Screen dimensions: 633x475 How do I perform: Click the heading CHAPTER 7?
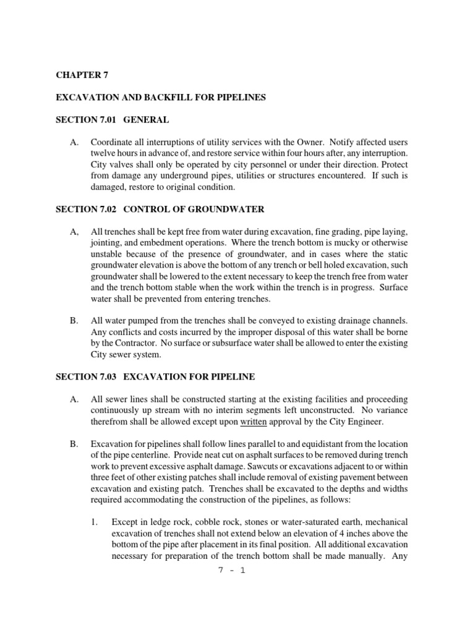pos(78,75)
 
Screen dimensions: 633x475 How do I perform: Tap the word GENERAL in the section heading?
pos(146,120)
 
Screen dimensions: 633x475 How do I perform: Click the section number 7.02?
pos(109,209)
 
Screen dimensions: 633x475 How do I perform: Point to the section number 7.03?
pos(109,376)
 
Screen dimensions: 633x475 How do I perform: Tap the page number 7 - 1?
pos(233,571)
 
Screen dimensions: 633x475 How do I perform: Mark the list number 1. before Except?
pos(95,522)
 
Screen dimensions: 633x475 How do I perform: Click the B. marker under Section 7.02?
pos(74,321)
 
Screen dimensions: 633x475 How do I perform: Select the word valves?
pos(122,165)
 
